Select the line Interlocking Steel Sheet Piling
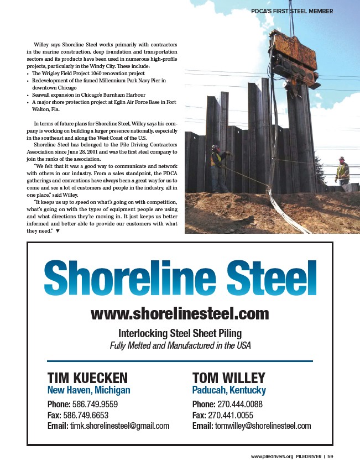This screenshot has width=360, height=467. pyautogui.click(x=180, y=333)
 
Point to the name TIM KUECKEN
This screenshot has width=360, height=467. pyautogui.click(x=87, y=378)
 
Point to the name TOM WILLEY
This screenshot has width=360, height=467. pyautogui.click(x=228, y=378)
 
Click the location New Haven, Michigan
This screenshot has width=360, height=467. pyautogui.click(x=88, y=390)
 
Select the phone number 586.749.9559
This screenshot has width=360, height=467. pyautogui.click(x=95, y=404)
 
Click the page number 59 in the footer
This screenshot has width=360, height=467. pyautogui.click(x=330, y=456)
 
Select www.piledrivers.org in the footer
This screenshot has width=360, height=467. pyautogui.click(x=272, y=456)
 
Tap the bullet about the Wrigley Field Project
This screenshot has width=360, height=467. pyautogui.click(x=88, y=73)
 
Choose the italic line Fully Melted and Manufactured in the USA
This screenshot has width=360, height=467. pyautogui.click(x=180, y=346)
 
